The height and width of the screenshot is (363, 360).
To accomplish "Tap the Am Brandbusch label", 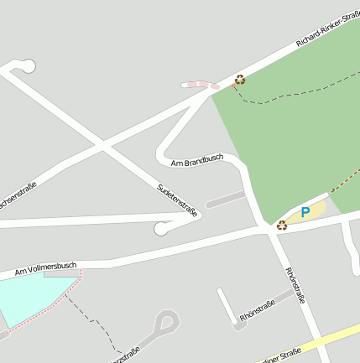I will [x=197, y=159].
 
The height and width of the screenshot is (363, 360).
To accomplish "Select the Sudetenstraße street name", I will [x=178, y=200].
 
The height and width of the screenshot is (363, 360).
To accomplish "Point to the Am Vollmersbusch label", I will [x=45, y=269].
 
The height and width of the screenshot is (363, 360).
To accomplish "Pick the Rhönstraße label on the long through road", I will [x=295, y=286].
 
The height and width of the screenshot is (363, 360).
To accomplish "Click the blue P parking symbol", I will [x=305, y=213].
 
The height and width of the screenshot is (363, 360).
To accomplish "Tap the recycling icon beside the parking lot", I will [x=282, y=225].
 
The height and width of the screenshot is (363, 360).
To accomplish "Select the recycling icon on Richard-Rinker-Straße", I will [x=240, y=80].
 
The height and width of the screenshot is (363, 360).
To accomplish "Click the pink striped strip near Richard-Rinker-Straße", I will [x=201, y=85].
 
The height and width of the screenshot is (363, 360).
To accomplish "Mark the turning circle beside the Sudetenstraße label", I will [x=162, y=228].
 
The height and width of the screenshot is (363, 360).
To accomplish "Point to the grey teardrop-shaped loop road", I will [x=167, y=322].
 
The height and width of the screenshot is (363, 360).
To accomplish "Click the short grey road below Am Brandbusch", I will [x=225, y=199].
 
